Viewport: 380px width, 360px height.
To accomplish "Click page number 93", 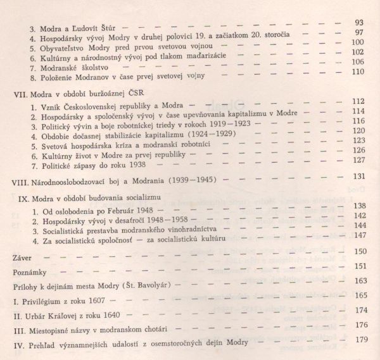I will (359, 23).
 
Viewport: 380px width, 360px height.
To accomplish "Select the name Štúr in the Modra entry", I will (104, 28).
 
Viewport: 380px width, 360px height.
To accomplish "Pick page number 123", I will (358, 140).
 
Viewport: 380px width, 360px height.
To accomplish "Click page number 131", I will (359, 176).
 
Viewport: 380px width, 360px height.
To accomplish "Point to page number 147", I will (358, 235).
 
